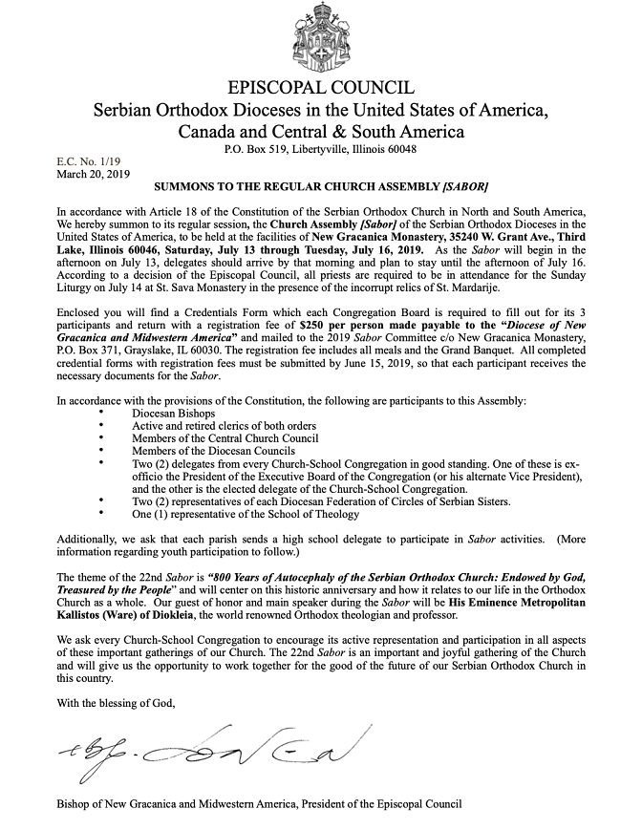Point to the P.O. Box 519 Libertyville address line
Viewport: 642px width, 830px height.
click(320, 150)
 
